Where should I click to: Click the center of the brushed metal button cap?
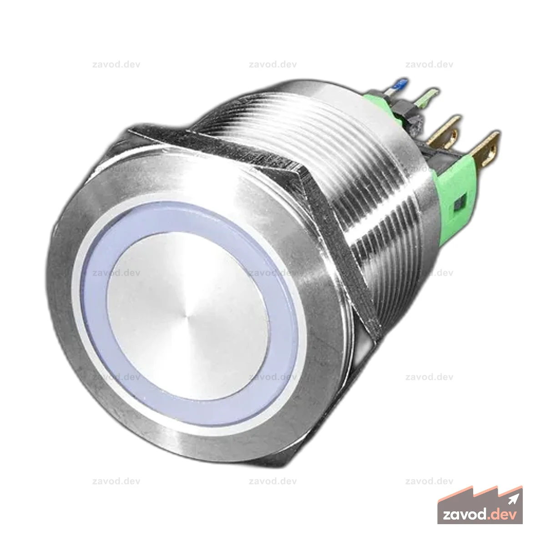187,317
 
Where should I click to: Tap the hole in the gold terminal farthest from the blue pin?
493,149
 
